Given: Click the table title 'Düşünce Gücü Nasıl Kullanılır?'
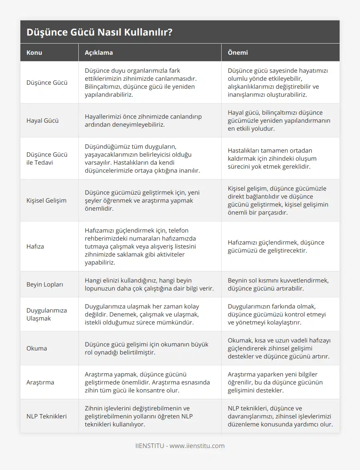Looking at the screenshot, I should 100,32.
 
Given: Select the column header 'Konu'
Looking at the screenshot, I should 34,52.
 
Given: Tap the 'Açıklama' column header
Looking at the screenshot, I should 99,52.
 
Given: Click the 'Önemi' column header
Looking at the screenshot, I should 238,52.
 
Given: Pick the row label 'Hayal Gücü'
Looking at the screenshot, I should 42,120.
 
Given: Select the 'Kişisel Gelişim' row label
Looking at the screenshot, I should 46,200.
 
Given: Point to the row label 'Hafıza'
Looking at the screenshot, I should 35,246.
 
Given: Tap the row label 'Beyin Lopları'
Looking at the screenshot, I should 45,284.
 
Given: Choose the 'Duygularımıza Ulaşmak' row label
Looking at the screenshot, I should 46,314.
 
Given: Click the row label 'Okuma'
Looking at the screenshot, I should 36,348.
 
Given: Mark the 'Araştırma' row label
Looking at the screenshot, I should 41,382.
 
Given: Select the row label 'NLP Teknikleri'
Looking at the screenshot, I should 46,416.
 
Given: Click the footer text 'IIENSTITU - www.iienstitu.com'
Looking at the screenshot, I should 180,446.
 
